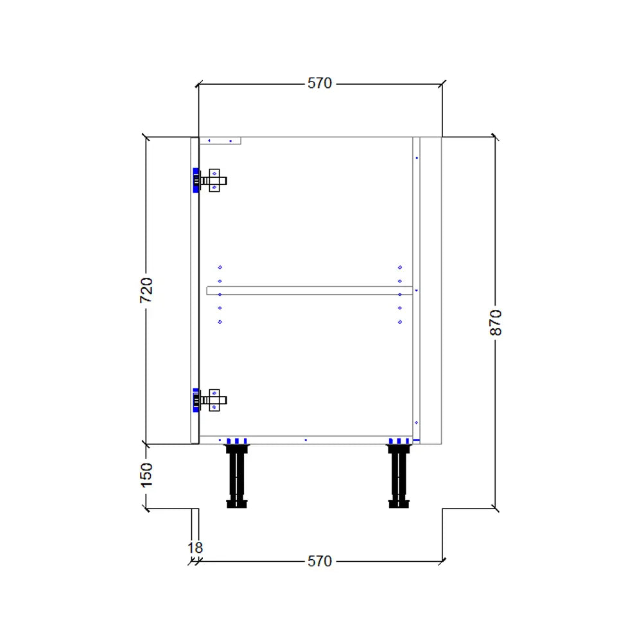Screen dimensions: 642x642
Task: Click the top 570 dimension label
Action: (x=319, y=83)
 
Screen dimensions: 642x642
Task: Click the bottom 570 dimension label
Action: (x=319, y=561)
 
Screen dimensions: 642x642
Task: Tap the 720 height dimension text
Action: (x=146, y=290)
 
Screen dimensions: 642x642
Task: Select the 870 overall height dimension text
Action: (x=496, y=322)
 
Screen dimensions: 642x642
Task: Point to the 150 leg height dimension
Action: (x=147, y=475)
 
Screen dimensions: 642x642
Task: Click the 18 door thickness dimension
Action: (x=195, y=548)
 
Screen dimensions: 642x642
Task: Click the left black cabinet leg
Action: (x=237, y=476)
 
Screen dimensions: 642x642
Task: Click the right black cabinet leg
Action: (x=399, y=476)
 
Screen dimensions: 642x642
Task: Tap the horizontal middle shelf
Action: (x=309, y=291)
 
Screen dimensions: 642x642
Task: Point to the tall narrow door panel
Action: (x=195, y=290)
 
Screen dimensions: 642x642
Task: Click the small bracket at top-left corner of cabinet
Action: (x=220, y=141)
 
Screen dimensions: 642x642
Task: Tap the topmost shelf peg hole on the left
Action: (x=220, y=267)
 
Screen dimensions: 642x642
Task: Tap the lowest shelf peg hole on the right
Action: (x=400, y=322)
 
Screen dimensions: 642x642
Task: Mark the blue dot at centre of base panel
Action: (x=306, y=440)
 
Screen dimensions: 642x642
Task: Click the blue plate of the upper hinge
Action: (x=195, y=180)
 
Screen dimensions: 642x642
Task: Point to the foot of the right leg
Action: (x=399, y=504)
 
